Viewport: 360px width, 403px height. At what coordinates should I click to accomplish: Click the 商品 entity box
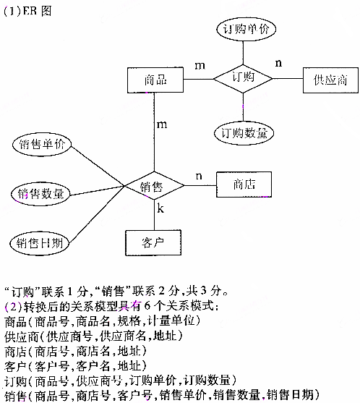point(155,80)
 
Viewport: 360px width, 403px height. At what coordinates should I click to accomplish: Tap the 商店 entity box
point(244,184)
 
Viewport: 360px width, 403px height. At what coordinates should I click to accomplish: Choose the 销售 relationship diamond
point(152,187)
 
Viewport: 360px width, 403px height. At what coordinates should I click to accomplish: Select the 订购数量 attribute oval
point(244,132)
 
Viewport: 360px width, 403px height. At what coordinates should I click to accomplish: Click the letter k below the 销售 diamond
point(160,211)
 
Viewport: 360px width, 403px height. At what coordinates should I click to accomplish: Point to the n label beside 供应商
point(278,63)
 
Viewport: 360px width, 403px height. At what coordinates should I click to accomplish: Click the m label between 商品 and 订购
point(200,65)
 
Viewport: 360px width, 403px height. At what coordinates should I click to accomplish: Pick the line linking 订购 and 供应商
point(287,77)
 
